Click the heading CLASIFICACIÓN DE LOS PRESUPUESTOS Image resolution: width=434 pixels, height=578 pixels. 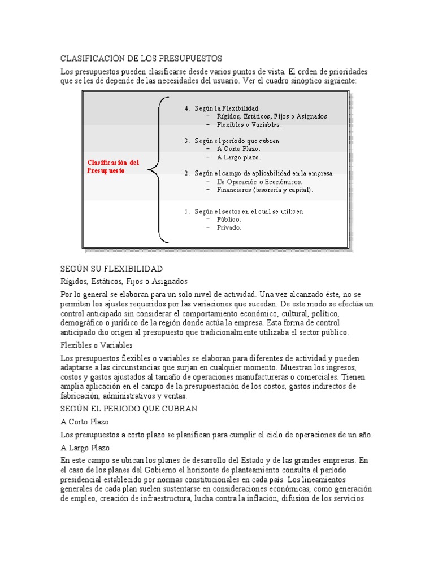point(141,59)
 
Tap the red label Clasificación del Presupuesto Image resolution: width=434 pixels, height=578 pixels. point(113,167)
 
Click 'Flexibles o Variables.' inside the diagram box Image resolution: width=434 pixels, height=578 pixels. point(244,124)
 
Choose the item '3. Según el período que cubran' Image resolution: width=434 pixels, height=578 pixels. point(232,141)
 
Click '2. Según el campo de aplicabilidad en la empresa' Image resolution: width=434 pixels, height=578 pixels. point(258,173)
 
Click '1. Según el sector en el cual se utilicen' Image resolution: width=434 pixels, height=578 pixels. point(244,211)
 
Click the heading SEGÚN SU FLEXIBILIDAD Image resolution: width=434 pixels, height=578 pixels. point(111,268)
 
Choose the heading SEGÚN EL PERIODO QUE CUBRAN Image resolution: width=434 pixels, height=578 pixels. point(128,408)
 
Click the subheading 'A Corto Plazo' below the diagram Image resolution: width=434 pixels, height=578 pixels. point(85,422)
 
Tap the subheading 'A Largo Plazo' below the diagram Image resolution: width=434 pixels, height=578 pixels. point(85,448)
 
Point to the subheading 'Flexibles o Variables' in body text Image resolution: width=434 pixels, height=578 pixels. point(97,345)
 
